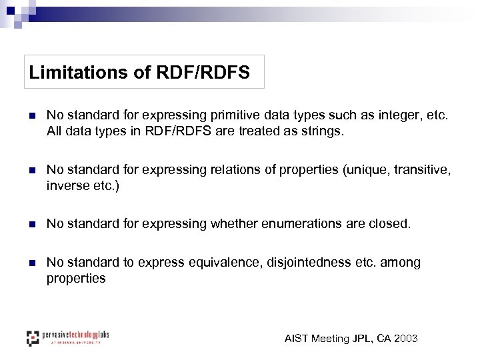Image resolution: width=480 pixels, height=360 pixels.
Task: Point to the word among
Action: (402, 263)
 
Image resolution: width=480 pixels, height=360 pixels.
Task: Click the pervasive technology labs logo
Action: (67, 337)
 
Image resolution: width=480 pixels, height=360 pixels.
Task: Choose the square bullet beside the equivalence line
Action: (29, 263)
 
